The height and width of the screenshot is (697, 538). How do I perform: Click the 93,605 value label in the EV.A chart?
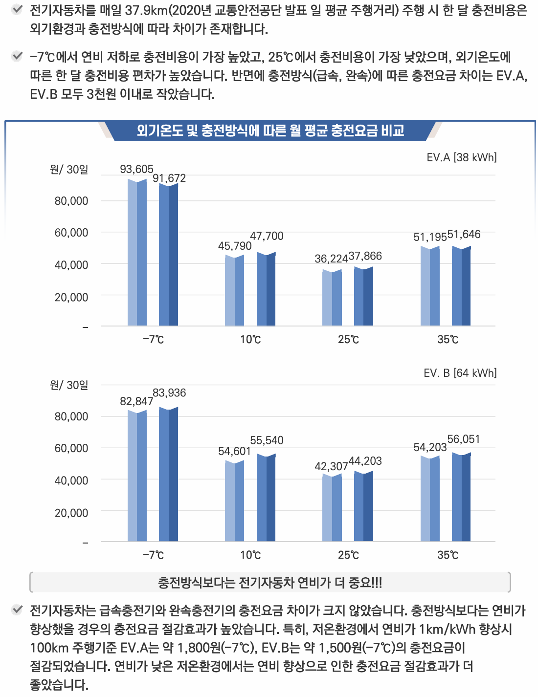pos(136,169)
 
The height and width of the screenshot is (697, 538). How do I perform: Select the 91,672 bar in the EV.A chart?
pos(168,254)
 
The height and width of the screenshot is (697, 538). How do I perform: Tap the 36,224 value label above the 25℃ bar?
pos(331,259)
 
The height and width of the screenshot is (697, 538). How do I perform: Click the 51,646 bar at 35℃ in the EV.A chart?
pos(461,286)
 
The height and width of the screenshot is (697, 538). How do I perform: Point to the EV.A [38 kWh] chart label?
pos(461,157)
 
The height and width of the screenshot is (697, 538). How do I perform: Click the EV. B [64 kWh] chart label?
pos(460,373)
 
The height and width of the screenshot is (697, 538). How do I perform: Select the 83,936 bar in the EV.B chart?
pos(168,474)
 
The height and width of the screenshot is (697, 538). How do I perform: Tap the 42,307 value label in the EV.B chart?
pos(331,466)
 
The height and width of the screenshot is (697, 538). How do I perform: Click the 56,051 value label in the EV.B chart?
pos(464,439)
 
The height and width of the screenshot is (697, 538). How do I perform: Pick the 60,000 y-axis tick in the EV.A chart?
pos(71,233)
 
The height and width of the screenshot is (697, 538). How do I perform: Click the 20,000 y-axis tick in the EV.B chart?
pos(71,513)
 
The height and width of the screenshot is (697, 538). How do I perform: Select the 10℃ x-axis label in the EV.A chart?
pos(250,339)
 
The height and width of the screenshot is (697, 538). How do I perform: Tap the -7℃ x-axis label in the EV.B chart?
pos(153,555)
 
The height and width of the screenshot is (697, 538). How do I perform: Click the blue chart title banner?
pos(270,131)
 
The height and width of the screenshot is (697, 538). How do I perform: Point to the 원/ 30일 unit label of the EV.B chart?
pos(69,385)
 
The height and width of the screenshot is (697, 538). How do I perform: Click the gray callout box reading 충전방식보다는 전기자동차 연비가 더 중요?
pos(270,582)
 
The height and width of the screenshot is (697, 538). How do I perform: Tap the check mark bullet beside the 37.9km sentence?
pos(17,9)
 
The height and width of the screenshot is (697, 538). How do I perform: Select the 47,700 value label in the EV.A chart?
pos(267,236)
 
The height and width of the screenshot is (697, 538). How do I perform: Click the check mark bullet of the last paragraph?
pos(17,610)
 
